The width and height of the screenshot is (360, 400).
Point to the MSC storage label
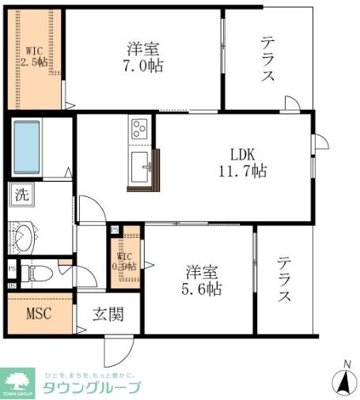(x=39, y=313)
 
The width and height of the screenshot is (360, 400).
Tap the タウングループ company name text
(x=91, y=387)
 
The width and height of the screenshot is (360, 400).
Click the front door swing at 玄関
(x=114, y=349)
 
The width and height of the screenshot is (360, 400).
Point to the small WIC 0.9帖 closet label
(x=126, y=261)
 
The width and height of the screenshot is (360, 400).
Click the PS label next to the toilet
(x=11, y=267)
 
